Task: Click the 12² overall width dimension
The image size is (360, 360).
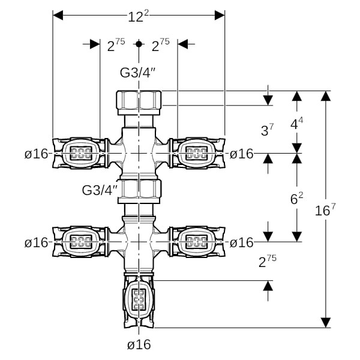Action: (x=138, y=16)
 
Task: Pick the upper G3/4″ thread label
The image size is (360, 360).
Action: (x=139, y=73)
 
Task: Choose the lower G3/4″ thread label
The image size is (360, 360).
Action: (x=100, y=190)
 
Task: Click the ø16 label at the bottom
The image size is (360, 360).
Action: (x=139, y=344)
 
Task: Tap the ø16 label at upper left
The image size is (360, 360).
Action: (x=36, y=154)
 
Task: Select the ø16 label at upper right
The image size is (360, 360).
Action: (x=242, y=154)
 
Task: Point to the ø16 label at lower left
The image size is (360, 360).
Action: (x=36, y=242)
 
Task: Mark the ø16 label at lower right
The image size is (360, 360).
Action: (x=242, y=242)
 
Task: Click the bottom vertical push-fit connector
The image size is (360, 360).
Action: (x=139, y=298)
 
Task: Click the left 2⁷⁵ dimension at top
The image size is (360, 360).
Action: (x=116, y=45)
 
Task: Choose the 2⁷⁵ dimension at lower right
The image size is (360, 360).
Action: (x=266, y=262)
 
